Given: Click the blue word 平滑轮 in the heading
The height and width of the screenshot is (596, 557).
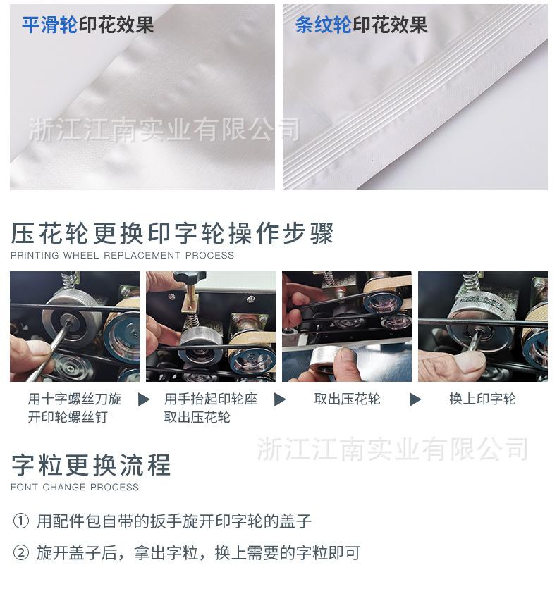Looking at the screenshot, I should click(49, 25).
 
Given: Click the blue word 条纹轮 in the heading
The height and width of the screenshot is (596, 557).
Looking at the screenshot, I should click(323, 25).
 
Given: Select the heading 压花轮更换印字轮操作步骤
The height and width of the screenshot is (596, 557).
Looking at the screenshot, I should click(172, 233).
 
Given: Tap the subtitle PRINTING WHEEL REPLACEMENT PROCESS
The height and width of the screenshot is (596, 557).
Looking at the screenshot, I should click(122, 255).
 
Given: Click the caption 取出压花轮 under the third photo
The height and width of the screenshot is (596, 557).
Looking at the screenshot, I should click(347, 399).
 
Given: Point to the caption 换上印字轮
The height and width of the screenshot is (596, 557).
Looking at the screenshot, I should click(482, 399).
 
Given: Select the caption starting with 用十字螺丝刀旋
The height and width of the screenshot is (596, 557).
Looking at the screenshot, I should click(75, 408).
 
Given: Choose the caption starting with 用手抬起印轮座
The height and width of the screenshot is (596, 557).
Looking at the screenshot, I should click(210, 408).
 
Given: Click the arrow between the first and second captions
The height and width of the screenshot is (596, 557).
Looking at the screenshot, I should click(144, 399).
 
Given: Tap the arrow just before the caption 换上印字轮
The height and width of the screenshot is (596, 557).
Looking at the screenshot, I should click(415, 399).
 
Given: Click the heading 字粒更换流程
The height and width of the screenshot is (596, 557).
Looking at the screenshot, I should click(91, 465).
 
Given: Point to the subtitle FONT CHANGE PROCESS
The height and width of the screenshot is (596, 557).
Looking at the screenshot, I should click(75, 487).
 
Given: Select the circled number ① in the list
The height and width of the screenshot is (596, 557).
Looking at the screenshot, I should click(21, 521).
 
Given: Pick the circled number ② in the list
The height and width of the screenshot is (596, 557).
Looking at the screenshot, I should click(21, 553).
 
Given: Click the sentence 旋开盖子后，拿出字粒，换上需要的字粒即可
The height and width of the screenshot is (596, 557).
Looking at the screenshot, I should click(198, 553).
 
